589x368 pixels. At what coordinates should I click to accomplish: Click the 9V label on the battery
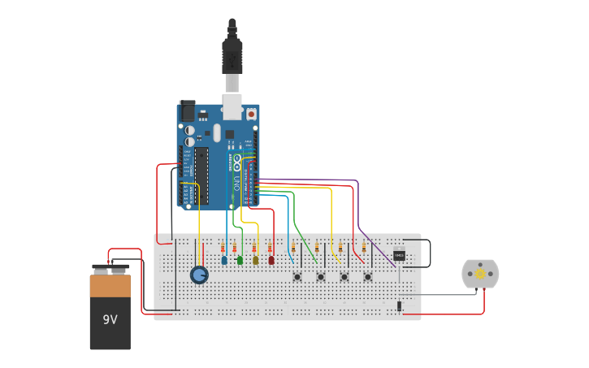coord(110,319)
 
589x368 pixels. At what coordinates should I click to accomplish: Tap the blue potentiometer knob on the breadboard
coord(199,275)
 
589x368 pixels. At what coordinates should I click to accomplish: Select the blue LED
coord(224,260)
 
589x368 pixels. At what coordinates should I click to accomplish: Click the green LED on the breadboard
coord(240,260)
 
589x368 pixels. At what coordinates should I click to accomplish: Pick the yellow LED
coord(255,260)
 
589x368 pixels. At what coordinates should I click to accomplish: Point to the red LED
coord(271,260)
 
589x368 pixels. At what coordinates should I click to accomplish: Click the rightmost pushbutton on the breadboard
coord(367,276)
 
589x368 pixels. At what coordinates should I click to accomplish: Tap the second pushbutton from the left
coord(320,276)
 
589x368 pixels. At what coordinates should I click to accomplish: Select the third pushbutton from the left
coord(344,276)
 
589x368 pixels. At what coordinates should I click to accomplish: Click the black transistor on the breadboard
coord(399,255)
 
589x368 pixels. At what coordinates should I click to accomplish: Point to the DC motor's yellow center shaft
coord(480,275)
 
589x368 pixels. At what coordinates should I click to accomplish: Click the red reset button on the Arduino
coord(251,115)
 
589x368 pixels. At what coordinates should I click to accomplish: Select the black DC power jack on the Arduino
coord(187,111)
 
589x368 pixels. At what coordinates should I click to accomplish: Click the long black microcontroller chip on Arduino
coord(201,175)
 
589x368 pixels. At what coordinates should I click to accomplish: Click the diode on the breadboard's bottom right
coord(399,305)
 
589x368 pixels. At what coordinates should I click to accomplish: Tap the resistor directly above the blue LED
coord(223,248)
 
